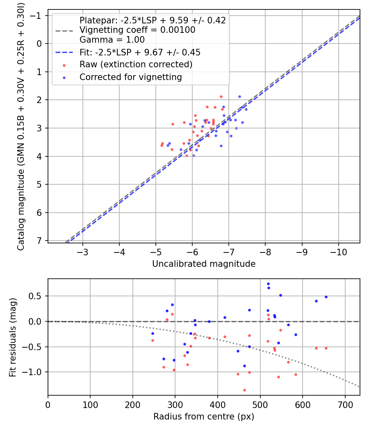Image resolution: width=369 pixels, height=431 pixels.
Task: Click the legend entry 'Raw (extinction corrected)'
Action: tap(136, 64)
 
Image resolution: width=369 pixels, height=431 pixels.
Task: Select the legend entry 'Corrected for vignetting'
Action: tap(130, 77)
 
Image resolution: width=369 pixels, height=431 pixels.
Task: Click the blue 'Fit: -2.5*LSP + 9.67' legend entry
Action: tap(140, 53)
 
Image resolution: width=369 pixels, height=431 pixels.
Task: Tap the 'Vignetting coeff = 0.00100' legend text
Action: tap(137, 30)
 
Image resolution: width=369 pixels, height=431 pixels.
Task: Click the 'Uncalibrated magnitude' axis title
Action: tap(204, 264)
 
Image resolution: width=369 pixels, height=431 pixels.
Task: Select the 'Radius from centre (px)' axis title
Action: tap(204, 417)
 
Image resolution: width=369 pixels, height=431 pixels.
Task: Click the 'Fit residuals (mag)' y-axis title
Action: tap(13, 337)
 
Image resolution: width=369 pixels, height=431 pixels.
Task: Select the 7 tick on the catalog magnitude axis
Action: tap(40, 241)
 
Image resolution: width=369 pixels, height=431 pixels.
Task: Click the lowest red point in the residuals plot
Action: tap(244, 390)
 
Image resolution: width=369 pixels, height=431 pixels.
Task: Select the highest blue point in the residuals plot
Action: tap(268, 284)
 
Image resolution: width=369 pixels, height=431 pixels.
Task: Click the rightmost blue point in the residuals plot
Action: tap(326, 297)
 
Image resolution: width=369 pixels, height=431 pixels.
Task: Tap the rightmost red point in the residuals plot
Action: tap(326, 348)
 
